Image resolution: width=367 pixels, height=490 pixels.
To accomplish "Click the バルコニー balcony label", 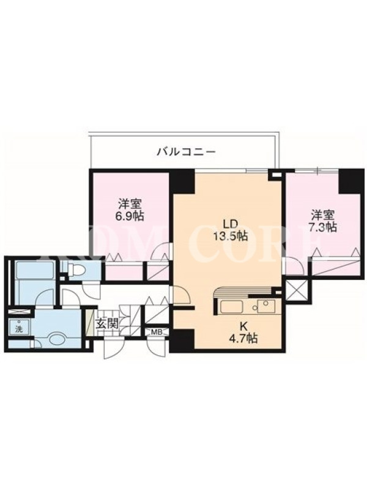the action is pos(187,152).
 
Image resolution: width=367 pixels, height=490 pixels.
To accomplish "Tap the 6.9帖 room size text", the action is pos(131,216).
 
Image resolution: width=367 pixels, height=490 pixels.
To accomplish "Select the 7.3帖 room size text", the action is pos(324,226).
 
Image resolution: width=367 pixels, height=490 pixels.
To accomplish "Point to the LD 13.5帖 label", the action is pos(231,230).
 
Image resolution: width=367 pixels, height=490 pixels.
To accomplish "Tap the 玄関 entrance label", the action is pos(107,323).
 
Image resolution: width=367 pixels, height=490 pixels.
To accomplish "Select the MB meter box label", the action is pos(156,332).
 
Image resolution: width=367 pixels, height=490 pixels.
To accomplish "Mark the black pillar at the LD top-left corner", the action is pos(182,181).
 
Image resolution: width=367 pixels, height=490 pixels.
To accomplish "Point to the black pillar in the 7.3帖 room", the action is pos(349,181).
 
